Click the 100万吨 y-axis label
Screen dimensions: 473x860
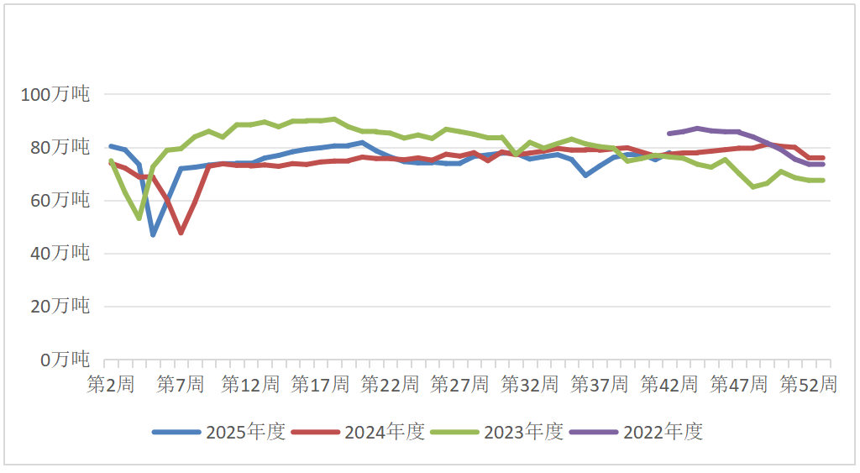point(55,94)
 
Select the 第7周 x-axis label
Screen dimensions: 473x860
point(181,384)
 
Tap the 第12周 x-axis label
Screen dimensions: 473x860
point(250,384)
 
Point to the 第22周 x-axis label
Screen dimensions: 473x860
point(390,384)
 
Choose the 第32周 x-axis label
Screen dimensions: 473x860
point(529,384)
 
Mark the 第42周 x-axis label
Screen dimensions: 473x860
point(669,384)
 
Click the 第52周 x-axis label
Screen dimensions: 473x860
point(808,384)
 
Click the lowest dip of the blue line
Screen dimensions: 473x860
point(153,234)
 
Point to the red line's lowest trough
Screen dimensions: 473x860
point(181,232)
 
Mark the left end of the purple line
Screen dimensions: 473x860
point(669,133)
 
